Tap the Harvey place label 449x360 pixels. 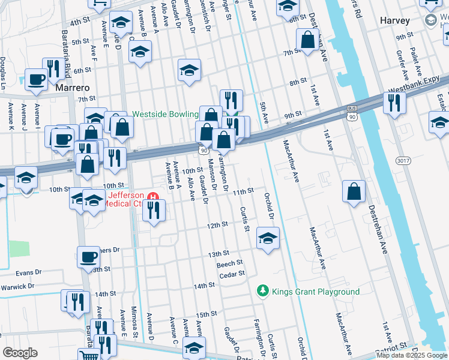(x=395, y=20)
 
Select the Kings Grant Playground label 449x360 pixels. (x=315, y=292)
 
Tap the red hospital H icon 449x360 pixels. (x=152, y=196)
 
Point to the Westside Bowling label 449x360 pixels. (x=165, y=114)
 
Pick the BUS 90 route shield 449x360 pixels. (x=352, y=114)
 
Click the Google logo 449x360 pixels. (x=20, y=352)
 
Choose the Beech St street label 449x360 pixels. (x=229, y=263)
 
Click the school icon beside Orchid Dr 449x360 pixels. (x=268, y=237)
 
